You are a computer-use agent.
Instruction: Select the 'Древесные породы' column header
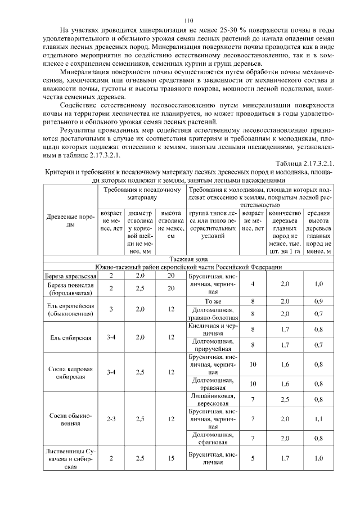coord(71,220)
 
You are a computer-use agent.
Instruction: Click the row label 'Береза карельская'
coord(71,276)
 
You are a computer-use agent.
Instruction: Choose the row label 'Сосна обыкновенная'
coord(71,419)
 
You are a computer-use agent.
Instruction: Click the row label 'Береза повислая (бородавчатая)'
coord(71,289)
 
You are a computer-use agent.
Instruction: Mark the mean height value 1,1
coord(319,419)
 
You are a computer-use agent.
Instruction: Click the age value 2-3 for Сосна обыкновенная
coord(111,419)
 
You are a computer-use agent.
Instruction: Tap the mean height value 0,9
coord(319,301)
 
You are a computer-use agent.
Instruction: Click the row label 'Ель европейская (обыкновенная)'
coord(71,309)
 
